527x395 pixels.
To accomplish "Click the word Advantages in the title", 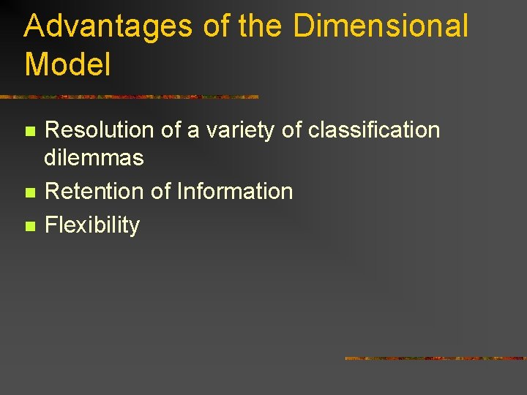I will [108, 26].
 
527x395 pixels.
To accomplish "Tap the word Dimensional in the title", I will [380, 26].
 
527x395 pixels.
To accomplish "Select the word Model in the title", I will [67, 64].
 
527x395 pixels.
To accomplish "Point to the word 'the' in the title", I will [260, 26].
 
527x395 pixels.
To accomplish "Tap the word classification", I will [374, 130].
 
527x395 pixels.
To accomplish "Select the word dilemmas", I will [94, 157].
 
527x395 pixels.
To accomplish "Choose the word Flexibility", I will [91, 225].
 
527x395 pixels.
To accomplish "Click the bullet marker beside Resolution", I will [29, 132].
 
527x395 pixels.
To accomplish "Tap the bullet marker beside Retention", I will [29, 193].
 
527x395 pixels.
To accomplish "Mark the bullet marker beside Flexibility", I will [29, 227].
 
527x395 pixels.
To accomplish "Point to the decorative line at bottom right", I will [435, 358].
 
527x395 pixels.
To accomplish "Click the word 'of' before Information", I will [161, 192].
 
